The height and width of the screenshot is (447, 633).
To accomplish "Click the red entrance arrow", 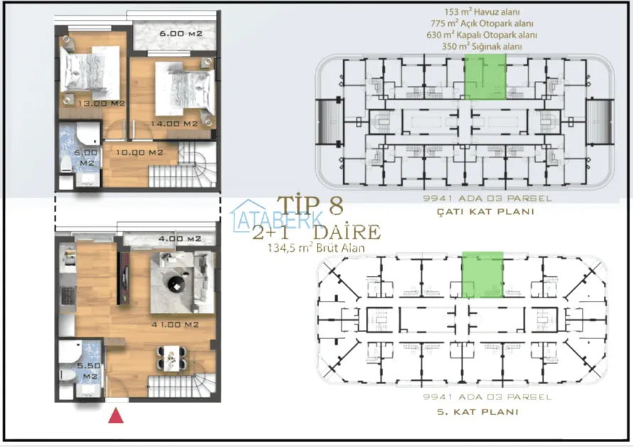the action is coord(116,416).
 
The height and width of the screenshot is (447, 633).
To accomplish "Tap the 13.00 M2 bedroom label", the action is coord(102,104).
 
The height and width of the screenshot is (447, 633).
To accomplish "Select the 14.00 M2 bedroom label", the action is coord(174,123).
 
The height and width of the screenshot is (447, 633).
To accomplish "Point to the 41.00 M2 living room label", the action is coord(175,324).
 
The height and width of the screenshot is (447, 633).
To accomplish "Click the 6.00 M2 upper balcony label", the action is coord(181,34).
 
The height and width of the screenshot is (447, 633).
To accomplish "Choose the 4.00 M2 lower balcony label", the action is coord(180,238).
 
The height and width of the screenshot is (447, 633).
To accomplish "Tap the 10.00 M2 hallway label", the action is coord(139,153).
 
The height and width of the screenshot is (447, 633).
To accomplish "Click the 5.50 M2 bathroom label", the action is coord(90,371).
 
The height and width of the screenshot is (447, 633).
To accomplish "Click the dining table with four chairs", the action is coord(172,358).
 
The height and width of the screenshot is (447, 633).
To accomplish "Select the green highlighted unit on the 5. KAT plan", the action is coord(482,275).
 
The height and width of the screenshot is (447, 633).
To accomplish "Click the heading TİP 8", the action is coord(310,206).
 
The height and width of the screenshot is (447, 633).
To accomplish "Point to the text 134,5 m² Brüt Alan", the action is coord(316,248).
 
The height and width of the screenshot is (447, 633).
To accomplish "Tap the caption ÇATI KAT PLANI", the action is coord(486,211).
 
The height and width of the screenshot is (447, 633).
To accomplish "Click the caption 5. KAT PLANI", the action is coord(478,412).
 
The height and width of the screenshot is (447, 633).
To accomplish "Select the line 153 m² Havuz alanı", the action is coord(482,13).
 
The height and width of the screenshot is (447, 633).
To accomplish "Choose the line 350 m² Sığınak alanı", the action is coord(482,46).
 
